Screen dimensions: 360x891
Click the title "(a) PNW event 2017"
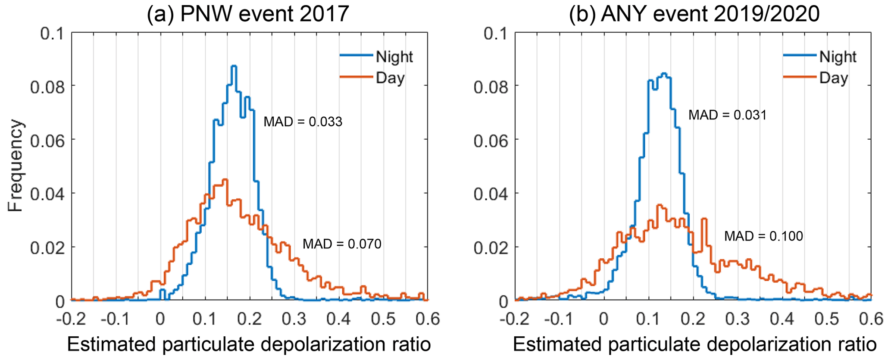click(x=247, y=14)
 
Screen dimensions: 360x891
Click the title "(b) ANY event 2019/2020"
click(x=694, y=14)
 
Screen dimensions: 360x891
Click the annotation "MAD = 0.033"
click(x=303, y=122)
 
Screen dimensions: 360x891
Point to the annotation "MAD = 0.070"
click(x=342, y=244)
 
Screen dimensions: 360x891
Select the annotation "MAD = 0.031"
click(x=728, y=116)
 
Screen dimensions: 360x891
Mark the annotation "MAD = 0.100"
click(x=763, y=236)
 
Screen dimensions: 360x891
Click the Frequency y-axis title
click(x=16, y=166)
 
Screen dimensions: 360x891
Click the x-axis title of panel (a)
click(x=249, y=345)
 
